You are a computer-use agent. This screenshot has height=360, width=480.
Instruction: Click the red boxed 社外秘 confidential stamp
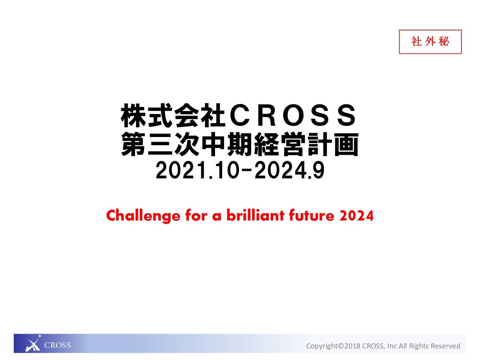coord(430,42)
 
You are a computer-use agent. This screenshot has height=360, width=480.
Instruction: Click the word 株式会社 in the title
coord(173,116)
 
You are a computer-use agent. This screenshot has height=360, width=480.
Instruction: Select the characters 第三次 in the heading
coord(160,144)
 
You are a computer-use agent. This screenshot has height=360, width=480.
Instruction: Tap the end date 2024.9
coord(289,170)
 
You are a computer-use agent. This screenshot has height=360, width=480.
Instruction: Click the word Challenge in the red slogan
coord(143,216)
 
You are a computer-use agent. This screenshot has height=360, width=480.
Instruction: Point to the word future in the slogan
coord(312,215)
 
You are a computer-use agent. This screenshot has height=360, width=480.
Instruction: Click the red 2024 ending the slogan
coord(356,216)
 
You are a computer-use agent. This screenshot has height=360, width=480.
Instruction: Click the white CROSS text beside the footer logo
coord(58,345)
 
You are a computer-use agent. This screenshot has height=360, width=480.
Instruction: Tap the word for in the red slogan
coord(196,215)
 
